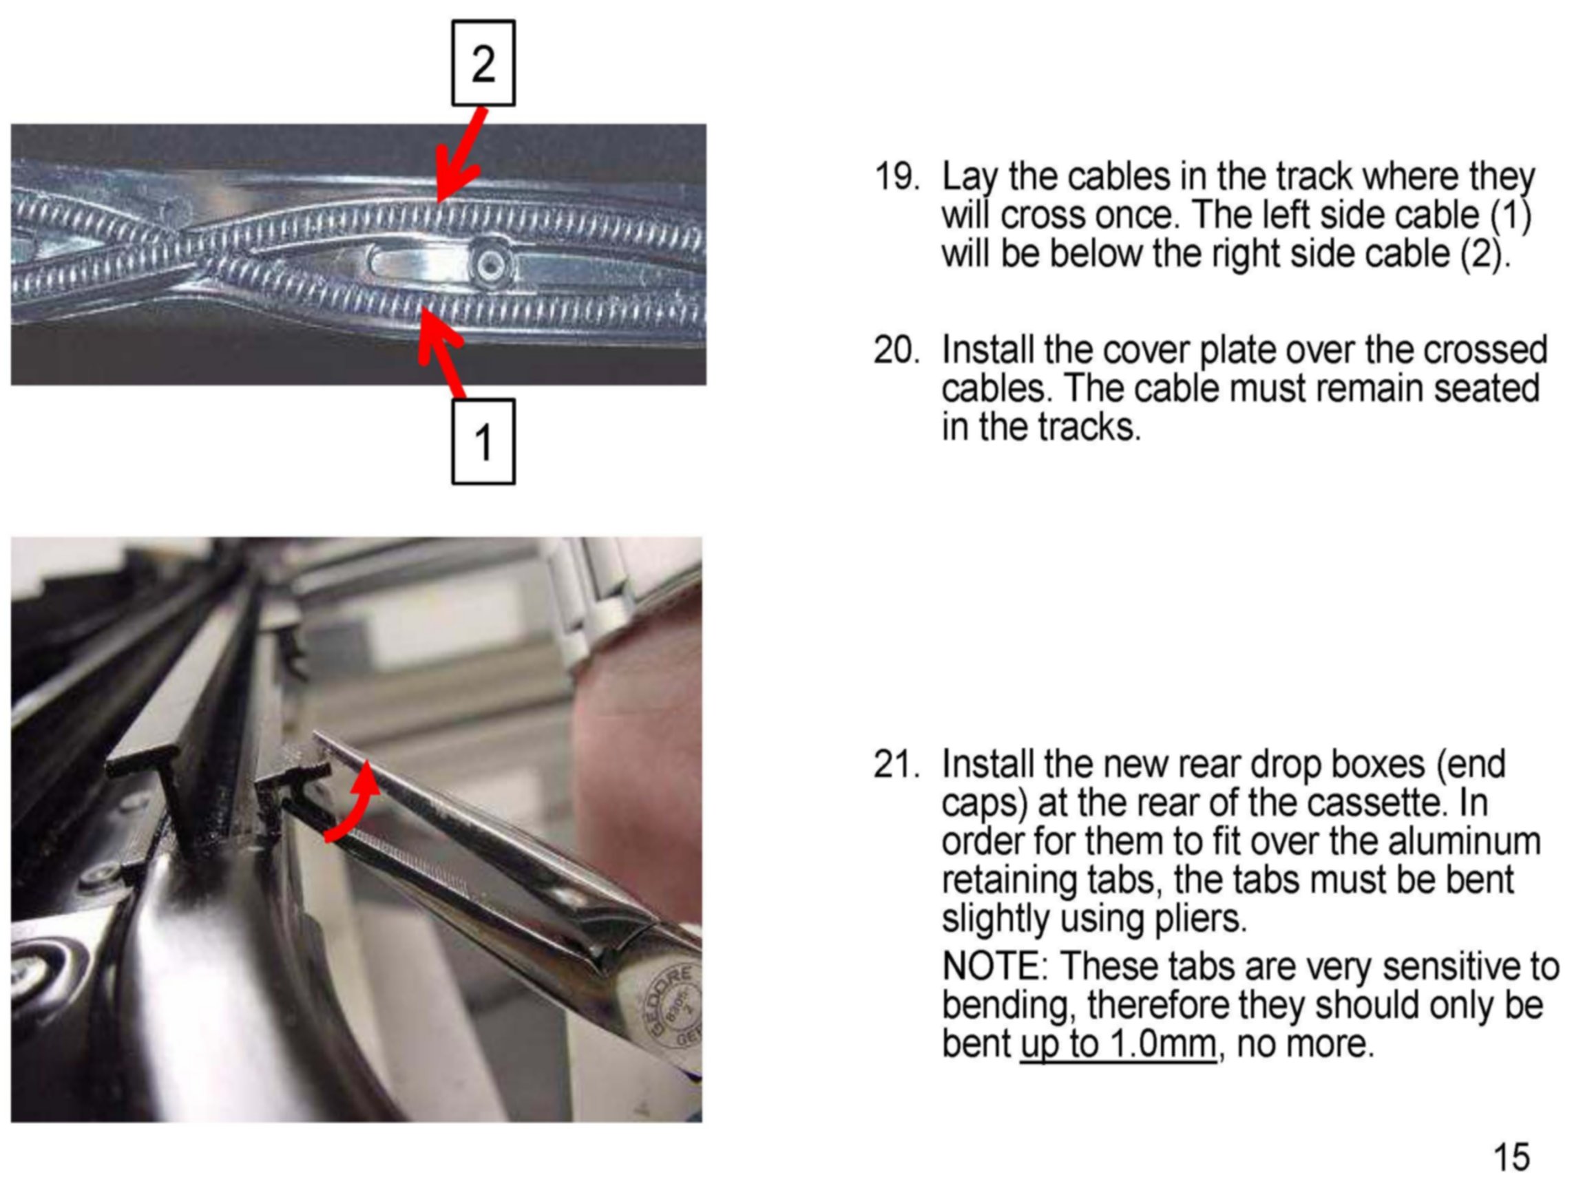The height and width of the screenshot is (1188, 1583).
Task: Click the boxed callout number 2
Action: [x=483, y=63]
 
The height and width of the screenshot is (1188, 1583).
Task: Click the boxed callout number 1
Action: [x=483, y=441]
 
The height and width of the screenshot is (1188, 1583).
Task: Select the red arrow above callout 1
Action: [x=440, y=350]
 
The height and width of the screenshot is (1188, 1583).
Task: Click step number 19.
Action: [x=896, y=177]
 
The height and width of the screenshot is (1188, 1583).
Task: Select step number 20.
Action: [x=896, y=350]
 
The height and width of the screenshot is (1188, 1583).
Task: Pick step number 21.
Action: [x=896, y=765]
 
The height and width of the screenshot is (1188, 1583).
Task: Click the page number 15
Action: [x=1511, y=1156]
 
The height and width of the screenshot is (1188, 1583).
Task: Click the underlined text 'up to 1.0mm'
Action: [x=1118, y=1044]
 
